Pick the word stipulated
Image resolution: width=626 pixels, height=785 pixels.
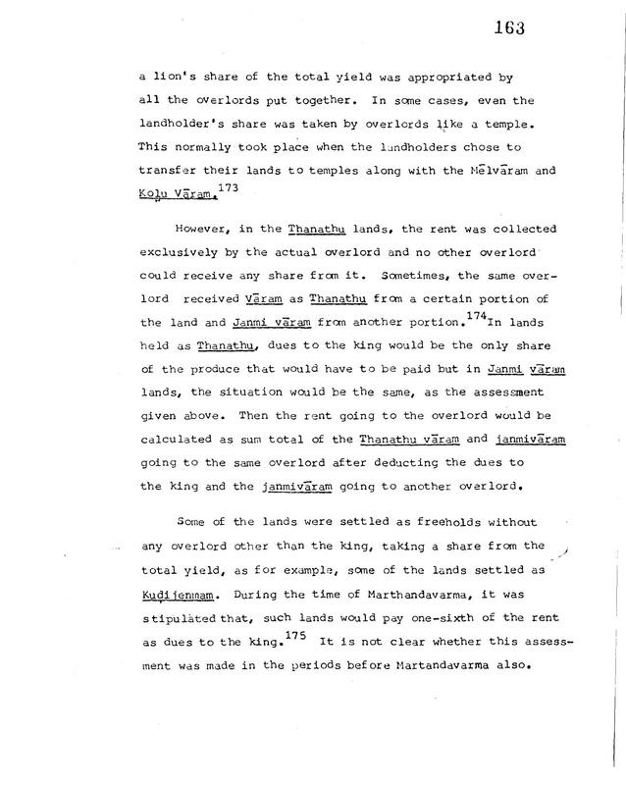181,622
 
